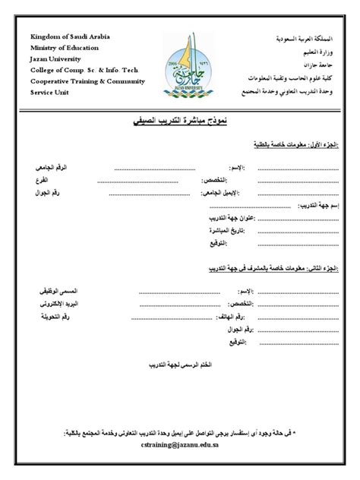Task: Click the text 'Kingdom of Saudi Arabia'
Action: pyautogui.click(x=65, y=37)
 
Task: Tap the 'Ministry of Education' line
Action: pyautogui.click(x=61, y=48)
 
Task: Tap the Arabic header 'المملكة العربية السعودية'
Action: pyautogui.click(x=301, y=37)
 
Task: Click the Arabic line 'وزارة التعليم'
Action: pyautogui.click(x=314, y=48)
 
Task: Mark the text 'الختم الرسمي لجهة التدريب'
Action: pyautogui.click(x=182, y=365)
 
